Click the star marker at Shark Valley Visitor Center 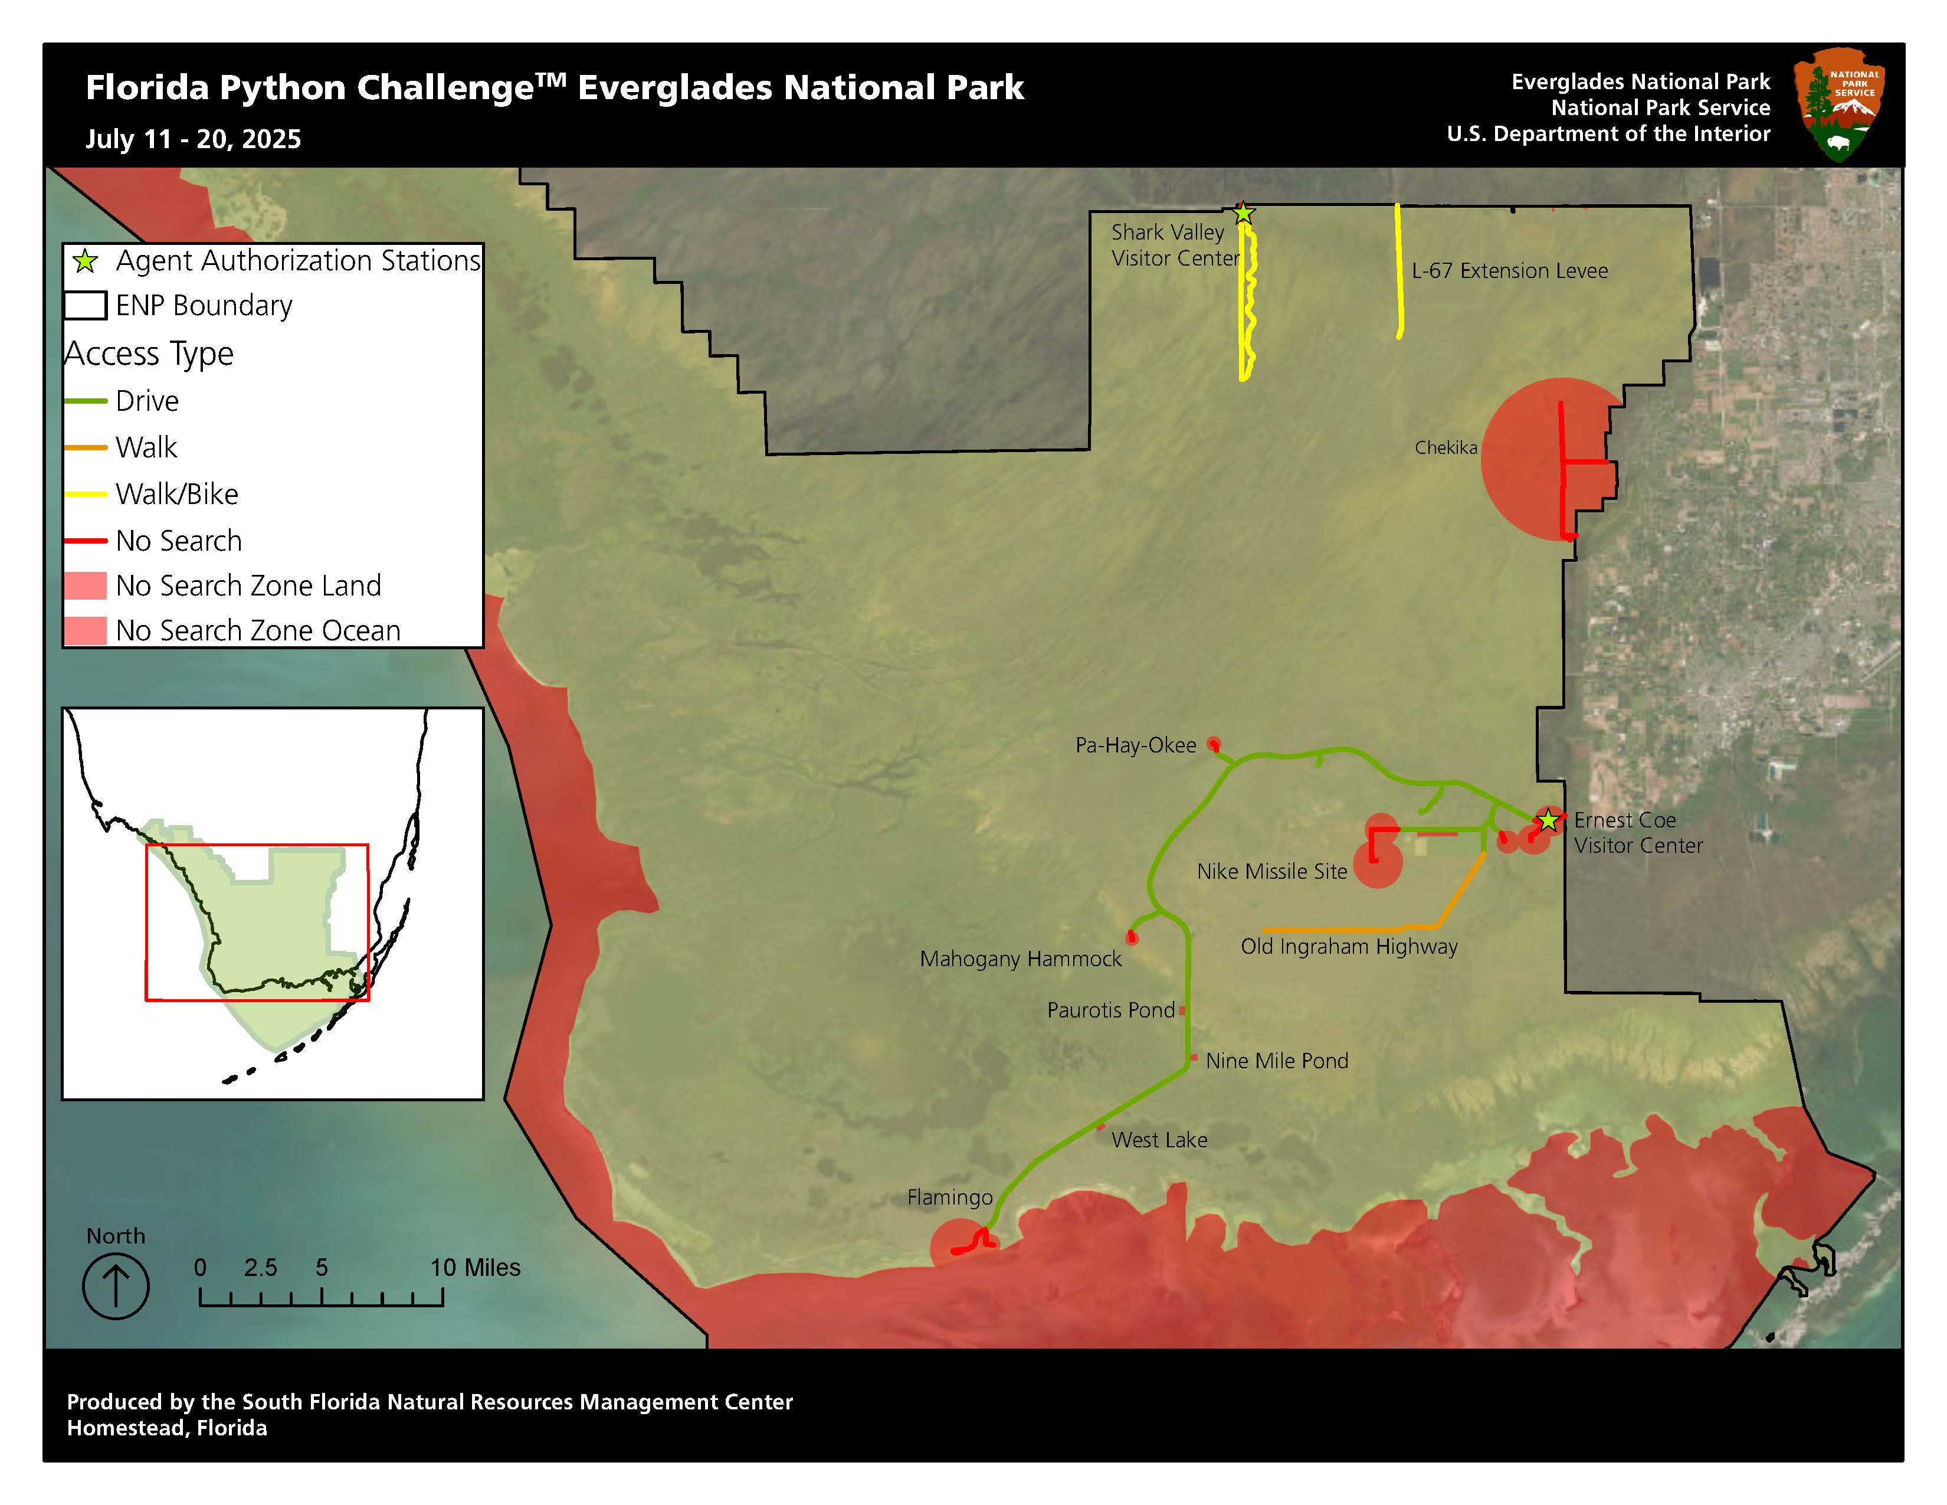point(1243,213)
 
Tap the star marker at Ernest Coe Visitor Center point(1549,819)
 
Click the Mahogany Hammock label point(1020,958)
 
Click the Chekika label point(1445,447)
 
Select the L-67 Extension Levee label point(1509,270)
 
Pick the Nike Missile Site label point(1271,871)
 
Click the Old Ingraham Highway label point(1348,946)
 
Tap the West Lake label point(1159,1140)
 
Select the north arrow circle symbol point(116,1285)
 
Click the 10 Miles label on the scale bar point(474,1267)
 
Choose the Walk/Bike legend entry point(176,494)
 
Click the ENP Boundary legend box point(86,305)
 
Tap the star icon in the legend point(86,261)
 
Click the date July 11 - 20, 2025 point(194,139)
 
